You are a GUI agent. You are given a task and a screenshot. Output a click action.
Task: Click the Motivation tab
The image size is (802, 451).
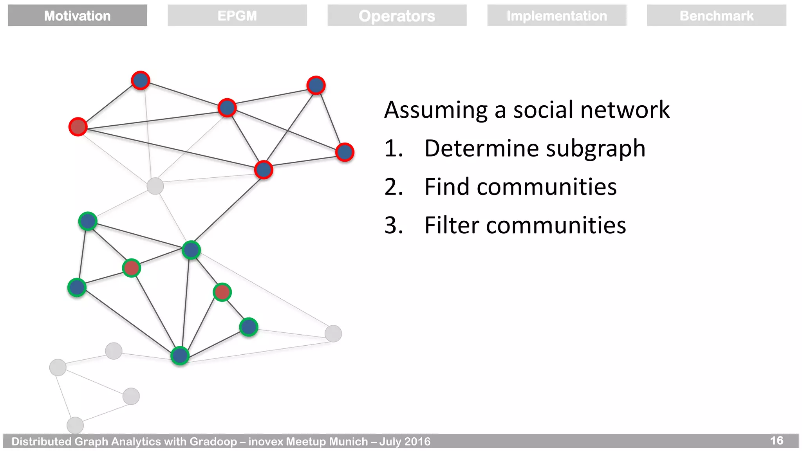click(x=77, y=16)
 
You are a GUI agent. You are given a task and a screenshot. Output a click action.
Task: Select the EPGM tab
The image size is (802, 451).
click(x=237, y=16)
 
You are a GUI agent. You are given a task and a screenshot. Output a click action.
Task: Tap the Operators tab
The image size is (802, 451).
click(x=397, y=16)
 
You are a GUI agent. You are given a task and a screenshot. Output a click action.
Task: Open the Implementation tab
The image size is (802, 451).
click(x=556, y=16)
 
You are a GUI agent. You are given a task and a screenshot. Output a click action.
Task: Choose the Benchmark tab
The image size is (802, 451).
click(x=716, y=16)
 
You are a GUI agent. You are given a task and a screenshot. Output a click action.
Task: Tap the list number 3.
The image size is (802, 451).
click(x=393, y=225)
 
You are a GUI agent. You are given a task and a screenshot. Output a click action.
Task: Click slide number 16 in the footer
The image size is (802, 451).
click(x=777, y=441)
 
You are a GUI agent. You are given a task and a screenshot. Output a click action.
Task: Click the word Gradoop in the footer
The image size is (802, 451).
click(x=213, y=442)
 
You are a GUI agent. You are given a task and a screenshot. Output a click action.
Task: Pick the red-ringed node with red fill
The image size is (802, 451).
click(x=78, y=127)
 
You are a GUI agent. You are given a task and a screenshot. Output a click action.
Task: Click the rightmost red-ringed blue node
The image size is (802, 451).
click(x=345, y=152)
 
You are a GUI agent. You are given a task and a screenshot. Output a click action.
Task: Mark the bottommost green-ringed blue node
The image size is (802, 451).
click(x=180, y=355)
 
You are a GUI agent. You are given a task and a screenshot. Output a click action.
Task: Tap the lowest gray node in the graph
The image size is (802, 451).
click(x=75, y=425)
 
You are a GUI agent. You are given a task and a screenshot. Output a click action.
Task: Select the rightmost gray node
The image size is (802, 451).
click(x=333, y=334)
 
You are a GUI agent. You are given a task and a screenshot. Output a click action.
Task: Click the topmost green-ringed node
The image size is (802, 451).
click(x=88, y=222)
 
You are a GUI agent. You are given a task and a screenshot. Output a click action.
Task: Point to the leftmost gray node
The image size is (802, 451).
click(x=58, y=367)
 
